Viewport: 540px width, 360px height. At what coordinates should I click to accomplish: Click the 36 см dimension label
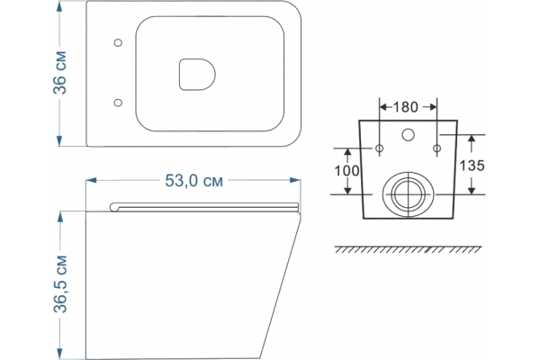[59, 73]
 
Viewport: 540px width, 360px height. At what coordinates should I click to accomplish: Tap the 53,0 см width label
[193, 181]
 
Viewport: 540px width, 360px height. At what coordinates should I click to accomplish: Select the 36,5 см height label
[60, 284]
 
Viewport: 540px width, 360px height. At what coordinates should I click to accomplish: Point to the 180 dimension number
[405, 107]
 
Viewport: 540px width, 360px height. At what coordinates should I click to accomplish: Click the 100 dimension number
[347, 170]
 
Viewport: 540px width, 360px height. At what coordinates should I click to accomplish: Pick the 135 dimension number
[472, 166]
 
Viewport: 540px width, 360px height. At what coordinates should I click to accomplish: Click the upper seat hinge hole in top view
[118, 42]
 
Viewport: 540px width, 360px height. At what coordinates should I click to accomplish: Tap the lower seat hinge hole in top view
[118, 103]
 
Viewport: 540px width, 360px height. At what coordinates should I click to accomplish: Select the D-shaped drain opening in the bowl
[197, 75]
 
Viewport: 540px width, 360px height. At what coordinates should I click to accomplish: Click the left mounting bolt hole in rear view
[379, 148]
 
